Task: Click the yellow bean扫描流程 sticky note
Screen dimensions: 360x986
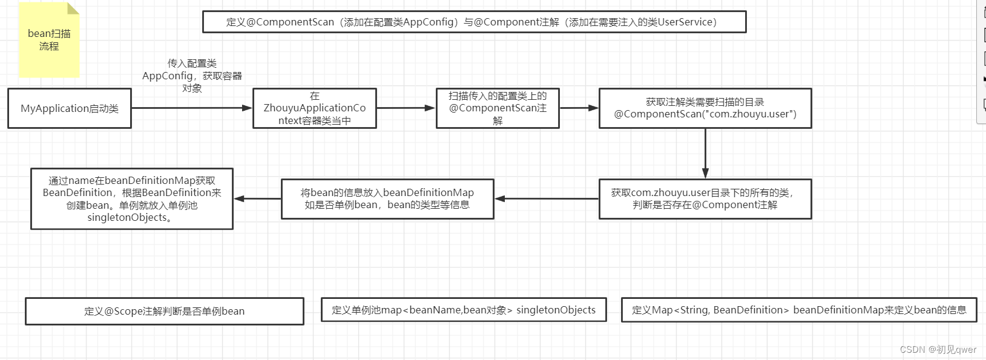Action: click(49, 40)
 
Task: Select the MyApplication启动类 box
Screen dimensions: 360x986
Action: click(70, 108)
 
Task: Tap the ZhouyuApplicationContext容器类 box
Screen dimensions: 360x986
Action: click(315, 108)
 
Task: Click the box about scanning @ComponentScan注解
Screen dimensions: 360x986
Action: click(498, 108)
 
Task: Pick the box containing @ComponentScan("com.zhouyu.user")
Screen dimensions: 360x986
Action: click(705, 108)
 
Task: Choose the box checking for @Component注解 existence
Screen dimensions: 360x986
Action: click(705, 198)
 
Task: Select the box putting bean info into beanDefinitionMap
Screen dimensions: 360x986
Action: click(387, 198)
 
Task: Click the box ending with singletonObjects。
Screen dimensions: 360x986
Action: click(132, 198)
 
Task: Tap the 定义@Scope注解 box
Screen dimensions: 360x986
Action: click(164, 311)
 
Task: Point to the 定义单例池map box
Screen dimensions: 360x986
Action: click(464, 310)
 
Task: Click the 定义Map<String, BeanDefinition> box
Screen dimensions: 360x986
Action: click(799, 310)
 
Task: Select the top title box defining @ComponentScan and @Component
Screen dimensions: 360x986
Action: click(474, 22)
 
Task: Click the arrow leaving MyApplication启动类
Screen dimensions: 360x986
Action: click(191, 108)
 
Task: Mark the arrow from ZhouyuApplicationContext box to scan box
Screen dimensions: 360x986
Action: click(406, 108)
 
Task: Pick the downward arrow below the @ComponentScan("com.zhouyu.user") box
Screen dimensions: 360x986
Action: click(705, 153)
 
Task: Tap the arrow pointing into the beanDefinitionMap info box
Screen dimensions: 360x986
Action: click(547, 198)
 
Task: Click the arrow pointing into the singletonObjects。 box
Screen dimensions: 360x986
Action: click(257, 198)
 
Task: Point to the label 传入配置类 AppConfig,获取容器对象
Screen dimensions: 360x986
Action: click(192, 76)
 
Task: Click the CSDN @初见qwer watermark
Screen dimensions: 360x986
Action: click(938, 350)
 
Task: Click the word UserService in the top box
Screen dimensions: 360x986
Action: click(686, 22)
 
